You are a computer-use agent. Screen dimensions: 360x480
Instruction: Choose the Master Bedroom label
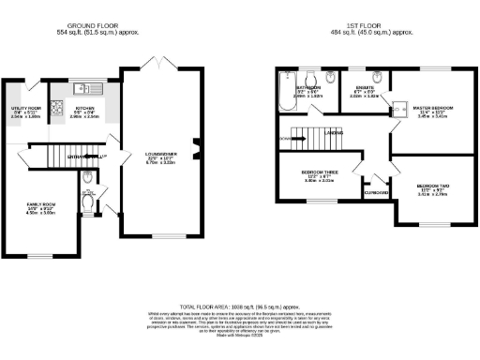(432, 110)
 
